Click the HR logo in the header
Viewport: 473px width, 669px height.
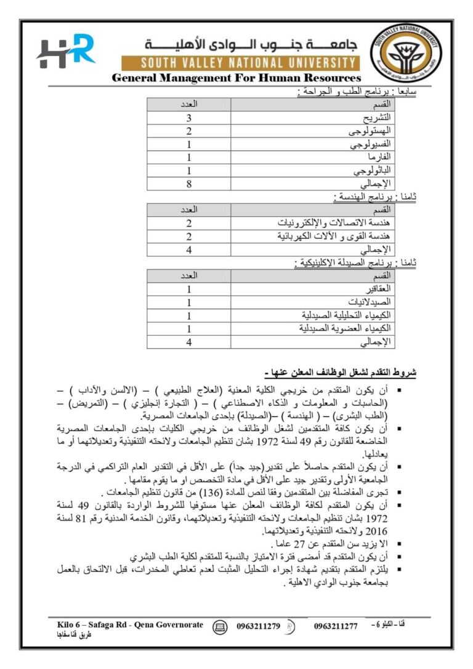tap(66, 52)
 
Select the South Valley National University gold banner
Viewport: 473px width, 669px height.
tap(238, 63)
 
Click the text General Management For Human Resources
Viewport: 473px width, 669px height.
tap(236, 78)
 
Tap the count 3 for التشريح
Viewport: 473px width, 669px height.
tap(189, 118)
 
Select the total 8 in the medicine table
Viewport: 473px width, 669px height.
tap(189, 184)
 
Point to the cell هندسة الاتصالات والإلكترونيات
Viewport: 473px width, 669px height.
tap(336, 223)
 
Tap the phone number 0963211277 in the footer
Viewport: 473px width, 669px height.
tap(336, 626)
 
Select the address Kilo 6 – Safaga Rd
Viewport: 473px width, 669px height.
tap(94, 625)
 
